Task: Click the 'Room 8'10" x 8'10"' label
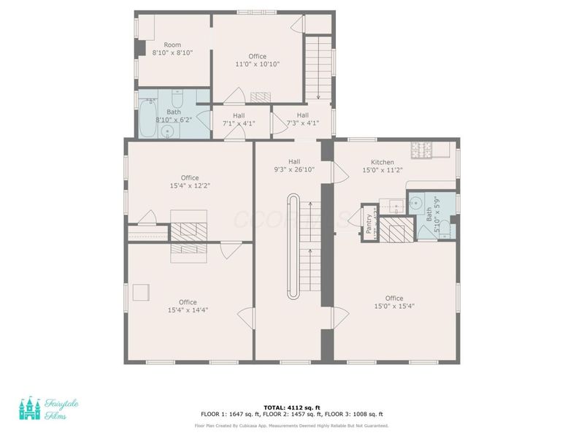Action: pos(172,49)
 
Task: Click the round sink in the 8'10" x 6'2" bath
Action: pos(169,131)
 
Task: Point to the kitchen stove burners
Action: pos(423,150)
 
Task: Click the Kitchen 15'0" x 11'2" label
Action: pos(383,166)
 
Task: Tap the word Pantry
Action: pos(369,223)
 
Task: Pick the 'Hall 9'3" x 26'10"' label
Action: pos(294,166)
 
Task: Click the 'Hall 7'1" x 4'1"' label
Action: pos(239,120)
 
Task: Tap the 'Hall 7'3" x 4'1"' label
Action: pos(303,120)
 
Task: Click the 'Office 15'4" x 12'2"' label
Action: pos(190,182)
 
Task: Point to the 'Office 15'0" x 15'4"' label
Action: pos(394,301)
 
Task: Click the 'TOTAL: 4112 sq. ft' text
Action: pos(291,407)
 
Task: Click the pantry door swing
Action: pos(356,218)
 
